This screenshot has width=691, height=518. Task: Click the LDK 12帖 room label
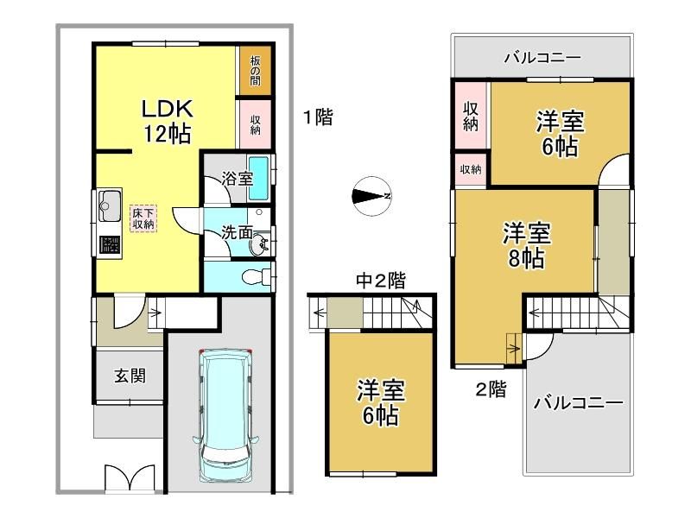click(167, 121)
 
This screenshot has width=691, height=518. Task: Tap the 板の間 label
click(255, 70)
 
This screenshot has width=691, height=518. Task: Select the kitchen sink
click(110, 205)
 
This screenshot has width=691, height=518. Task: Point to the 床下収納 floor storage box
click(143, 218)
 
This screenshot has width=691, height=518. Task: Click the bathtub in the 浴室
click(258, 179)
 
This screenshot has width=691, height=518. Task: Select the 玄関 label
click(130, 376)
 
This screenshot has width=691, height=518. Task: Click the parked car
click(225, 415)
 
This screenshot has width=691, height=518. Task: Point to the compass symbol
click(373, 197)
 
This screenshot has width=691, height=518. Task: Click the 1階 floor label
click(318, 117)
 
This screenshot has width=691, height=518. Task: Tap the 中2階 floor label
click(381, 281)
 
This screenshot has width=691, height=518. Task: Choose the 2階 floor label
click(491, 389)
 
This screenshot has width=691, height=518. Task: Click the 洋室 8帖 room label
click(527, 246)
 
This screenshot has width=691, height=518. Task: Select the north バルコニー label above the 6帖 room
click(542, 57)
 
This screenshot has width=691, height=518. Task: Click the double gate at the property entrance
click(130, 477)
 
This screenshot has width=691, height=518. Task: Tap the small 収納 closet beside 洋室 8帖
click(471, 168)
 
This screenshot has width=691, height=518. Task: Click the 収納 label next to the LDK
click(255, 124)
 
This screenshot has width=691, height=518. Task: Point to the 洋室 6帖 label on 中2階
click(380, 402)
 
